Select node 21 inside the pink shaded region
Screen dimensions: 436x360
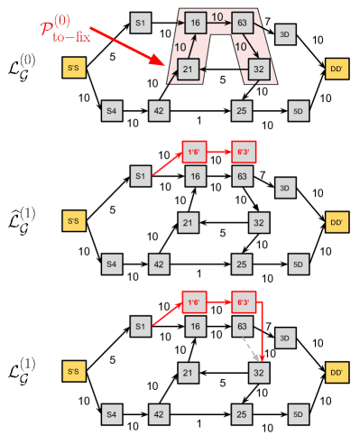click(188, 69)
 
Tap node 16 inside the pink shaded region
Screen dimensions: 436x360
click(194, 21)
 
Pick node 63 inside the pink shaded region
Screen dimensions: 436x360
click(241, 21)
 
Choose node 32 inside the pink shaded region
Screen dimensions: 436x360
click(258, 69)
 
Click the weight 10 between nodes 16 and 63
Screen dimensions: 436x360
click(217, 15)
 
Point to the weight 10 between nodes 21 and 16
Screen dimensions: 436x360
click(180, 45)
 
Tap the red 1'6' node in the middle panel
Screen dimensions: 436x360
click(194, 152)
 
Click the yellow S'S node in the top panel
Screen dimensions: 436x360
click(74, 69)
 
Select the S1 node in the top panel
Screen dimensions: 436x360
click(140, 21)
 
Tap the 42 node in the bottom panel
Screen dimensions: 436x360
click(159, 415)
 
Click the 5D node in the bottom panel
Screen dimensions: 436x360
click(298, 415)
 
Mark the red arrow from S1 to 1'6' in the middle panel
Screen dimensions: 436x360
click(165, 163)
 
